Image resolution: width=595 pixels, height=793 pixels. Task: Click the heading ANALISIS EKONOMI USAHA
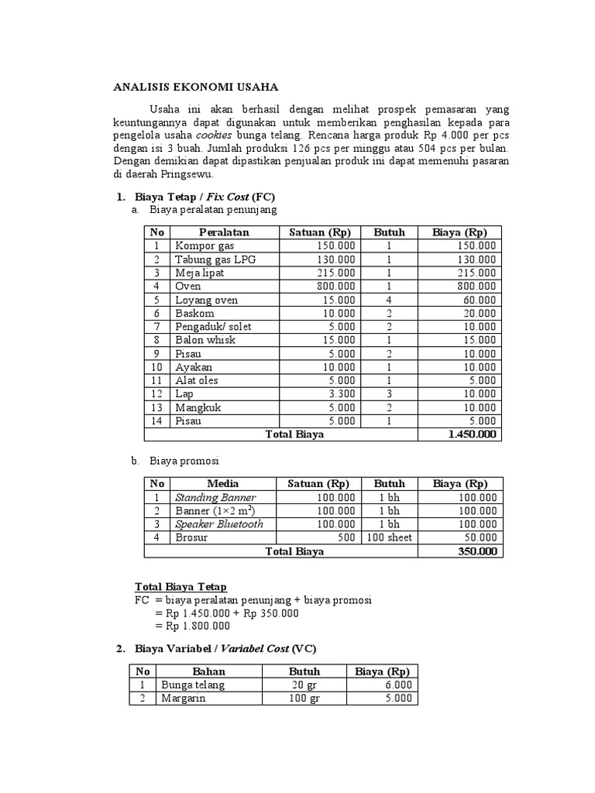point(195,87)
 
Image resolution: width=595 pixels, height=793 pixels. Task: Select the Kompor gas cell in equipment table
point(205,246)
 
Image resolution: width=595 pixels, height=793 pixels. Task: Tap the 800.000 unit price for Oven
point(336,287)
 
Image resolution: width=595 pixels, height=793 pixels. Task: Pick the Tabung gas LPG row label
point(215,259)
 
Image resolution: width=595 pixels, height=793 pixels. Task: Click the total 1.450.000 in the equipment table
point(472,434)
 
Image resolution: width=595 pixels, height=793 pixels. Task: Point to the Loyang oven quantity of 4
point(389,300)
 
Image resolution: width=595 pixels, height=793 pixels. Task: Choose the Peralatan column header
point(224,232)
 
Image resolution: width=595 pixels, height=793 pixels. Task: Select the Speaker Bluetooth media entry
point(219,524)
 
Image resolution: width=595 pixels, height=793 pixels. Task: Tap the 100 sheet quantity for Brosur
point(389,537)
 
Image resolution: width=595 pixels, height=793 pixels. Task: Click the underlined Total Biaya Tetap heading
point(181,586)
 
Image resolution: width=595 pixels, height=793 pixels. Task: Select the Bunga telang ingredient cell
point(193,685)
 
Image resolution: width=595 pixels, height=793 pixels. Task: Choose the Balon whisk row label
point(205,340)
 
